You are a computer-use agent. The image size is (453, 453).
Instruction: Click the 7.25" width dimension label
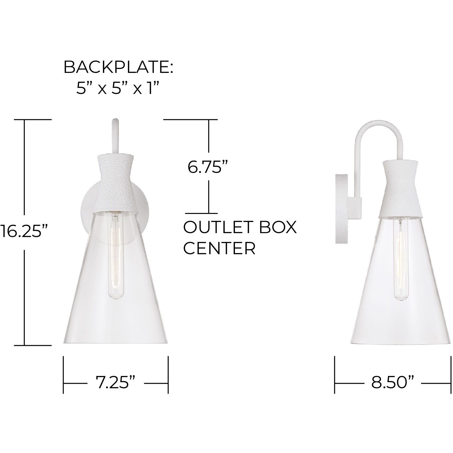click(115, 383)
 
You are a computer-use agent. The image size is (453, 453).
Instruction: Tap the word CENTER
click(220, 248)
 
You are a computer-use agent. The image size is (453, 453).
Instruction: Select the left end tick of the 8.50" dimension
click(335, 375)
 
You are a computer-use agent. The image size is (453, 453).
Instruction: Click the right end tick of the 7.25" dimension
click(168, 375)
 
